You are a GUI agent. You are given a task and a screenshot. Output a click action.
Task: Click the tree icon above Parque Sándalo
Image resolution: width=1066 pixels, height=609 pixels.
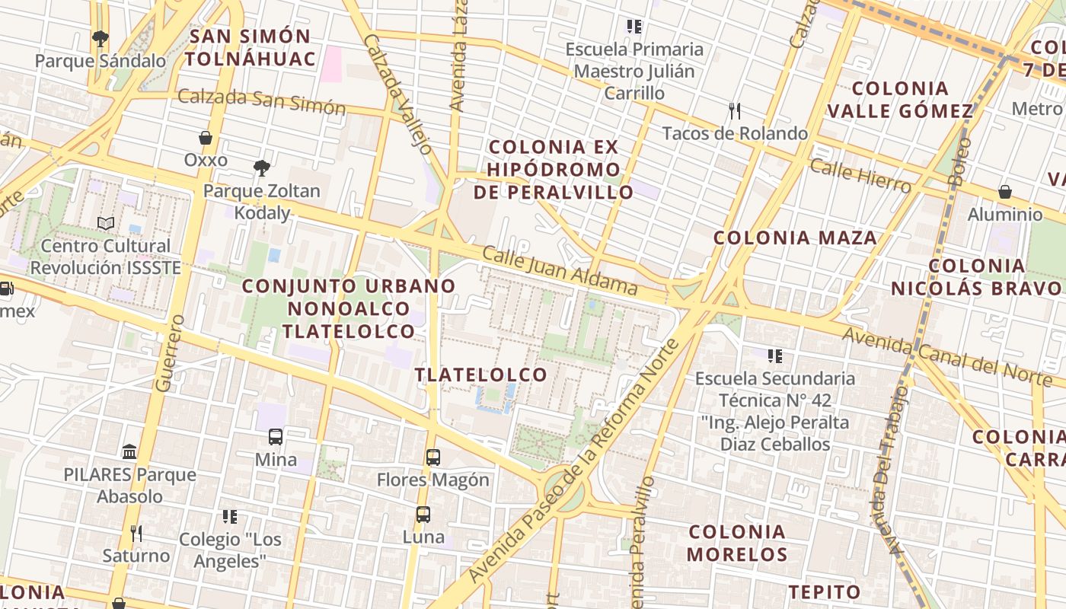(x=99, y=38)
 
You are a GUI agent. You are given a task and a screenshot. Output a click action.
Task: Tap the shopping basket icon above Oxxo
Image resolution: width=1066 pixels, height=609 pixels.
(x=205, y=138)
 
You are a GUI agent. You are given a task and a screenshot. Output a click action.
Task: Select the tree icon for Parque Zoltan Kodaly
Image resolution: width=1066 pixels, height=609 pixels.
(x=262, y=167)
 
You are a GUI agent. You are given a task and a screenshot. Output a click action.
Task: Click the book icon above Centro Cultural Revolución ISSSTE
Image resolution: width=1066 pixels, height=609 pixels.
(x=106, y=223)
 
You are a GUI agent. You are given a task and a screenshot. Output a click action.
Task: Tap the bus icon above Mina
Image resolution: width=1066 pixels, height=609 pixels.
(x=276, y=437)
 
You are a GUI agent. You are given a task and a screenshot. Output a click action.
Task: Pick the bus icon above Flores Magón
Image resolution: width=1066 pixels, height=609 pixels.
(x=432, y=458)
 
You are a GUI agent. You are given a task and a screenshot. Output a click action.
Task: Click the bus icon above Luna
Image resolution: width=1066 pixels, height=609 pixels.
(x=423, y=515)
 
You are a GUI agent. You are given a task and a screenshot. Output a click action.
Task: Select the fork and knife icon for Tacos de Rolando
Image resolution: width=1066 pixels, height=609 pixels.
(x=735, y=111)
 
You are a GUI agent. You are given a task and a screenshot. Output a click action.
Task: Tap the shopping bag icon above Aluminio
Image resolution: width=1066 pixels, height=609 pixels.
(x=1005, y=192)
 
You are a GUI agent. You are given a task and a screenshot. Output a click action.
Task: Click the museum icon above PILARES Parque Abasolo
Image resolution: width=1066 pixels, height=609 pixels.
(x=129, y=451)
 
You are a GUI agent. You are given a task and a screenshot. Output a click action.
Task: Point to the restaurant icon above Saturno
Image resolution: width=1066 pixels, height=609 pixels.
(x=136, y=533)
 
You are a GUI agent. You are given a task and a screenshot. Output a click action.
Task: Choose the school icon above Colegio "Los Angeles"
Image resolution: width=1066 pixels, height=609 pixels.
(x=230, y=517)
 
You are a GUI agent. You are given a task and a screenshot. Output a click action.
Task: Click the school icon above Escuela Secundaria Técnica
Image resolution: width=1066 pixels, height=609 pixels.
(x=775, y=356)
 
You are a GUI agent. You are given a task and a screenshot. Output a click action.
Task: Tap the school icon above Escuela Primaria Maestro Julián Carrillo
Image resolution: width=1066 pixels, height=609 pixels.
(x=634, y=27)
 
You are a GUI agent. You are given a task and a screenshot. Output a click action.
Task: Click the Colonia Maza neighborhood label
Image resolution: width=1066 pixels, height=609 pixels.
(x=795, y=238)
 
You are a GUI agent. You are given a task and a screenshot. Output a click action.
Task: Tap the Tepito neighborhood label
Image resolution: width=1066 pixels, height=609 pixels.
(x=824, y=591)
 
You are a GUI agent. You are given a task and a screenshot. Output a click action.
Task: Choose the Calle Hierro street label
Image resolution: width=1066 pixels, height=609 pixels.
(x=860, y=177)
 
